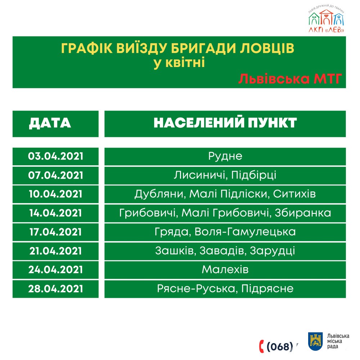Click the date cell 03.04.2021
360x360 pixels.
coord(55,157)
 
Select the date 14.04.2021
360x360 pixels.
coord(55,213)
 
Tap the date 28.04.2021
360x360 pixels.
coord(55,289)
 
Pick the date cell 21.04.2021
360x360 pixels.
coord(55,251)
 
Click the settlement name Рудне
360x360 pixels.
coord(225,157)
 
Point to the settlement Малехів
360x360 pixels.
coord(225,270)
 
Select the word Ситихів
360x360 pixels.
coord(294,194)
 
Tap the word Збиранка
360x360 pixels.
coord(303,213)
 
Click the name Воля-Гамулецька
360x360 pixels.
coord(245,232)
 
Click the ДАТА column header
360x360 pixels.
coord(50,123)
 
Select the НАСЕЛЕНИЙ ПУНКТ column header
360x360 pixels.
coord(225,123)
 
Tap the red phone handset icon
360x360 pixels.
coord(262,346)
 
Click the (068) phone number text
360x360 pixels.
coord(280,347)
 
